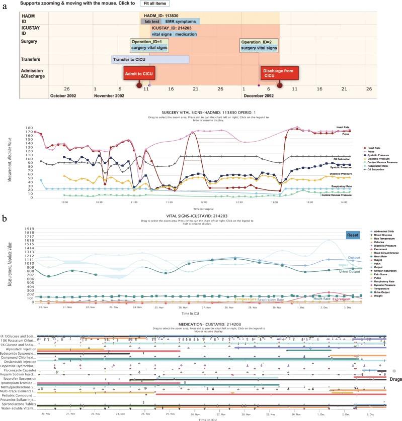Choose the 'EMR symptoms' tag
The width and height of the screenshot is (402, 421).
pyautogui.click(x=182, y=22)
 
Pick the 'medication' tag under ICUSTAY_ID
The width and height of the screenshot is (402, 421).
pyautogui.click(x=186, y=34)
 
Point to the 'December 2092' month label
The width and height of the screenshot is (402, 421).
pyautogui.click(x=259, y=95)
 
